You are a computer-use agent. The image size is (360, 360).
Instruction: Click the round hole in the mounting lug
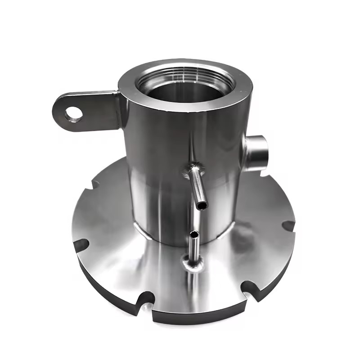pyautogui.click(x=73, y=113)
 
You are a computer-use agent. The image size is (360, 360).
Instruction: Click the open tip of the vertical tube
pyautogui.click(x=193, y=235)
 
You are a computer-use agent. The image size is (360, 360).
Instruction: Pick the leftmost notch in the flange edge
pyautogui.click(x=81, y=245)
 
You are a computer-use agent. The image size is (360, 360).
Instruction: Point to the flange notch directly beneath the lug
pyautogui.click(x=95, y=184)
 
